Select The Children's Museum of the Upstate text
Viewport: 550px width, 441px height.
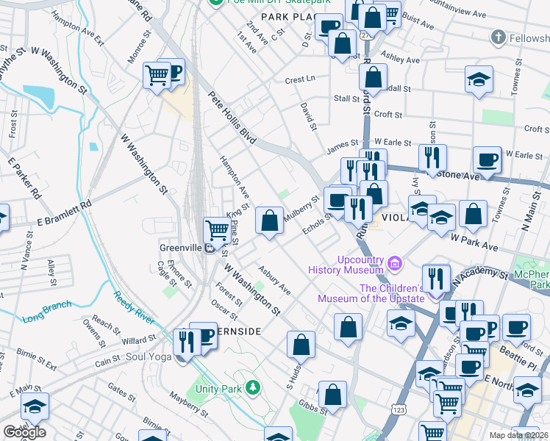point(371,293)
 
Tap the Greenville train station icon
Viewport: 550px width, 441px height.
point(209,248)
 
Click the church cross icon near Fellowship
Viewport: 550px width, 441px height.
point(498,37)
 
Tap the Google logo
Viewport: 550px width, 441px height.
point(24,432)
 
